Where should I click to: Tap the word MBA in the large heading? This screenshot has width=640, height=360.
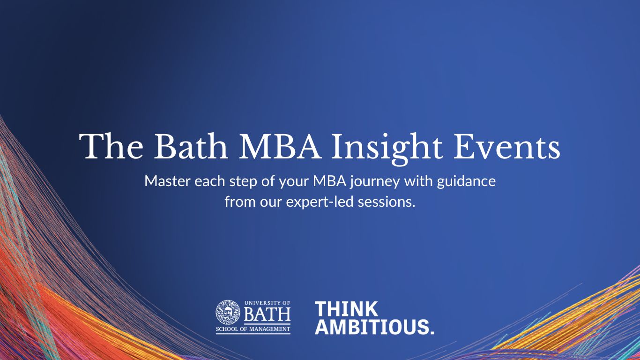(x=282, y=146)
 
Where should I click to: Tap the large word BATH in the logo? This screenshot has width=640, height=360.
(x=267, y=315)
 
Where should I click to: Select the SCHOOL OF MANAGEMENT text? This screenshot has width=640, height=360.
(x=253, y=329)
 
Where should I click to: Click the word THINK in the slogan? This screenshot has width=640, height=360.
(x=346, y=309)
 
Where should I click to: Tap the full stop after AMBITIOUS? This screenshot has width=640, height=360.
(x=432, y=332)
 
